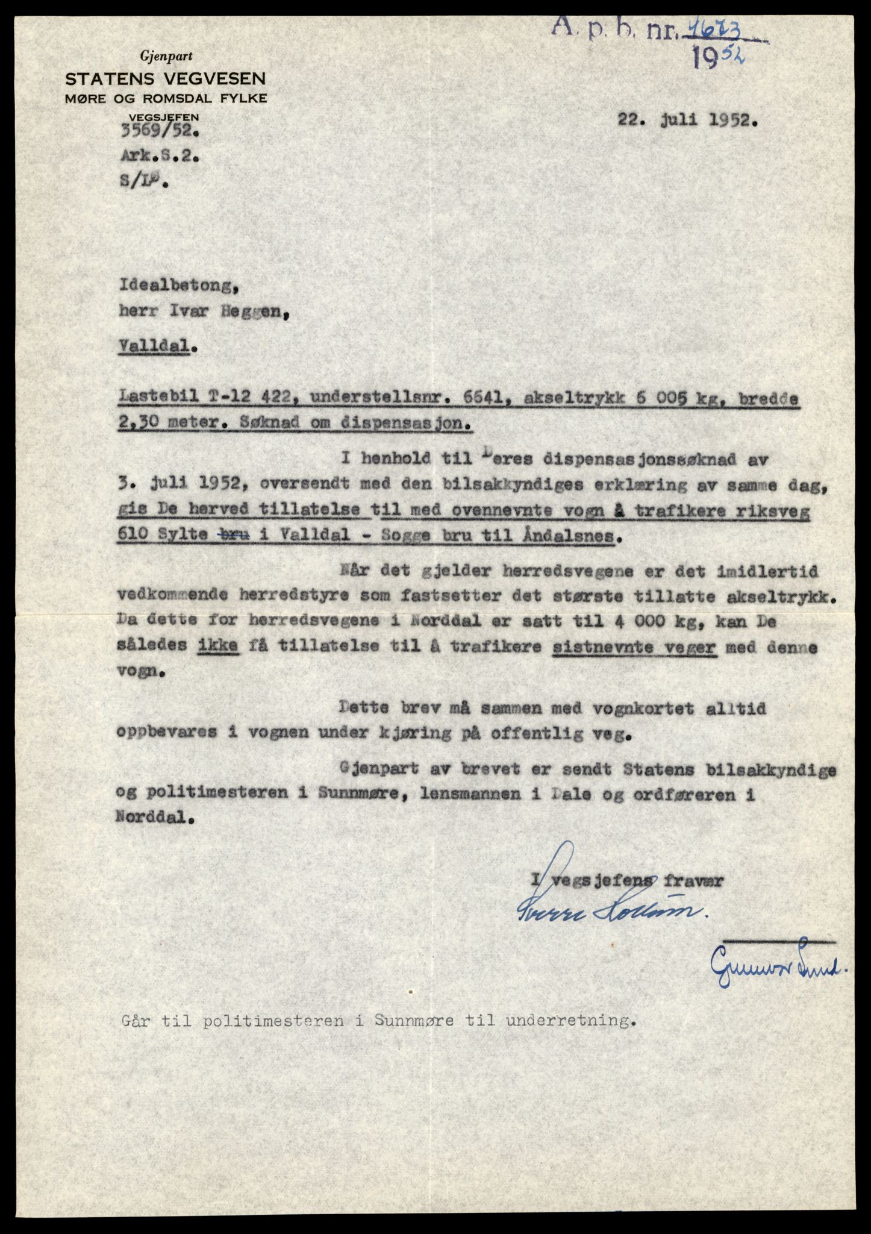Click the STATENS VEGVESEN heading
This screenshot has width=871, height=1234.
point(166,78)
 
